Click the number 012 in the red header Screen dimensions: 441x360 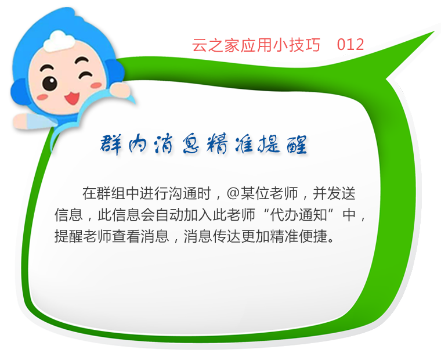tap(350, 45)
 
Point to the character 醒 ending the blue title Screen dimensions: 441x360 tap(297, 145)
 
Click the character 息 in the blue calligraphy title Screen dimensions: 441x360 tap(191, 145)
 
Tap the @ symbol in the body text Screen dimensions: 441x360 tap(233, 194)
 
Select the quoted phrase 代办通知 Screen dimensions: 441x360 tap(298, 215)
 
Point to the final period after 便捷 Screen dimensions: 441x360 tap(331, 240)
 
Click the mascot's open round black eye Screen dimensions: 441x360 tap(49, 83)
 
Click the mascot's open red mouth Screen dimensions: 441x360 tap(73, 98)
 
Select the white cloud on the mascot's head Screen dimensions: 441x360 tap(60, 41)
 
